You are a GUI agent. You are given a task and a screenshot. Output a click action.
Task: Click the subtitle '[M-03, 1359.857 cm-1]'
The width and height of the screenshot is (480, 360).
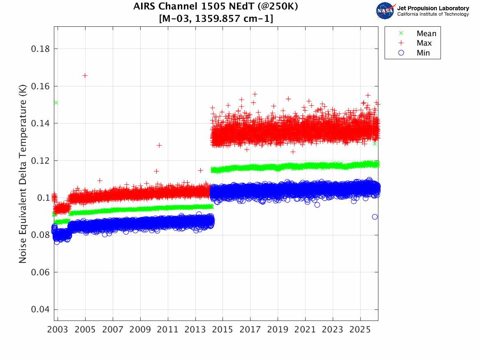tap(216, 18)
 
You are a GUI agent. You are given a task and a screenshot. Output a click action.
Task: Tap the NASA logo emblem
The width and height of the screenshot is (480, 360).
tap(385, 11)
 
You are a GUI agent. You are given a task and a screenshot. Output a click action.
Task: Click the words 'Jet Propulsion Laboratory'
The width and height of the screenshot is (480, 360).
tap(433, 8)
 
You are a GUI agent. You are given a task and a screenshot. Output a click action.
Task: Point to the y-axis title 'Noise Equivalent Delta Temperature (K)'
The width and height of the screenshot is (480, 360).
tap(23, 175)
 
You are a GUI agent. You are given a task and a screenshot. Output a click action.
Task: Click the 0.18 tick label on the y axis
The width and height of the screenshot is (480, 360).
tap(39, 49)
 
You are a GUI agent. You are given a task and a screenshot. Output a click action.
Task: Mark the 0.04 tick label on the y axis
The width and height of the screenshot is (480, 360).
tap(39, 309)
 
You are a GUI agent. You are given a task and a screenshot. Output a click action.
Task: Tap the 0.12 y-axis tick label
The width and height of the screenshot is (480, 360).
tap(39, 160)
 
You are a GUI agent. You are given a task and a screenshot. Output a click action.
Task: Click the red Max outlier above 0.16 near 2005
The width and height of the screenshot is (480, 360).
tap(85, 75)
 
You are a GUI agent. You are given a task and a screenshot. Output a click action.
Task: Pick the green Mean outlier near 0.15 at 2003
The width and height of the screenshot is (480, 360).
tap(56, 102)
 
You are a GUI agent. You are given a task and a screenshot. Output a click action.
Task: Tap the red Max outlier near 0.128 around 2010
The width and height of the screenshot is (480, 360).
tap(159, 145)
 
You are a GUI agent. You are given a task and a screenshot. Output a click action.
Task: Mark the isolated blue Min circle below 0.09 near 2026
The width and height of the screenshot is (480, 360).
tap(375, 217)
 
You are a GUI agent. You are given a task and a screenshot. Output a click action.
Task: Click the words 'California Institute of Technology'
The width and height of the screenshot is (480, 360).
tap(433, 14)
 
